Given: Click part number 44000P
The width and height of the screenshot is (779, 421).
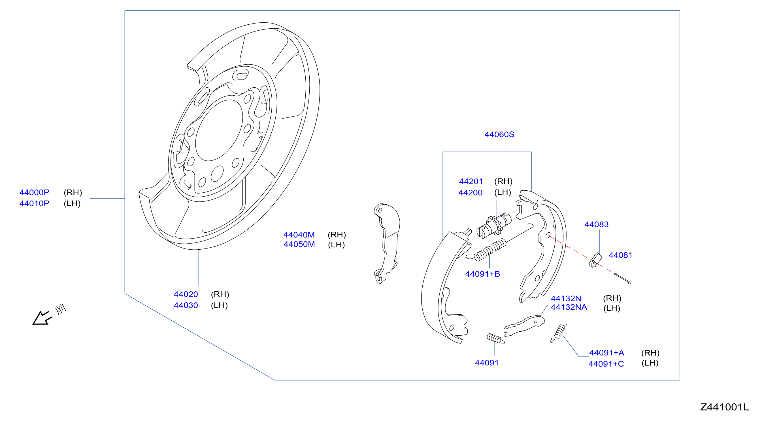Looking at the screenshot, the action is [x=34, y=192].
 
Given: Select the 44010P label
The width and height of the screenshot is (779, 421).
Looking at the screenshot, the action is [x=34, y=203].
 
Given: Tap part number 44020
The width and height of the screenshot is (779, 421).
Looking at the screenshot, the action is [x=186, y=294].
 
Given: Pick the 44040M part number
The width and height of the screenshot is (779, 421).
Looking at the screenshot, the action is [x=299, y=234].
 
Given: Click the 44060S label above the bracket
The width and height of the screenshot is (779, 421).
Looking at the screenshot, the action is [x=499, y=134].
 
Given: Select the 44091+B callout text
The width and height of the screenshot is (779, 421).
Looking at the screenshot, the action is [x=482, y=274].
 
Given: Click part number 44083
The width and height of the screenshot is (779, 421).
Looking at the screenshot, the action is [x=596, y=224].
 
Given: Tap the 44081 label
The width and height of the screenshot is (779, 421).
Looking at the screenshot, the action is [x=621, y=255].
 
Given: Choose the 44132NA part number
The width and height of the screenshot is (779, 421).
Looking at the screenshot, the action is [x=569, y=307].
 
